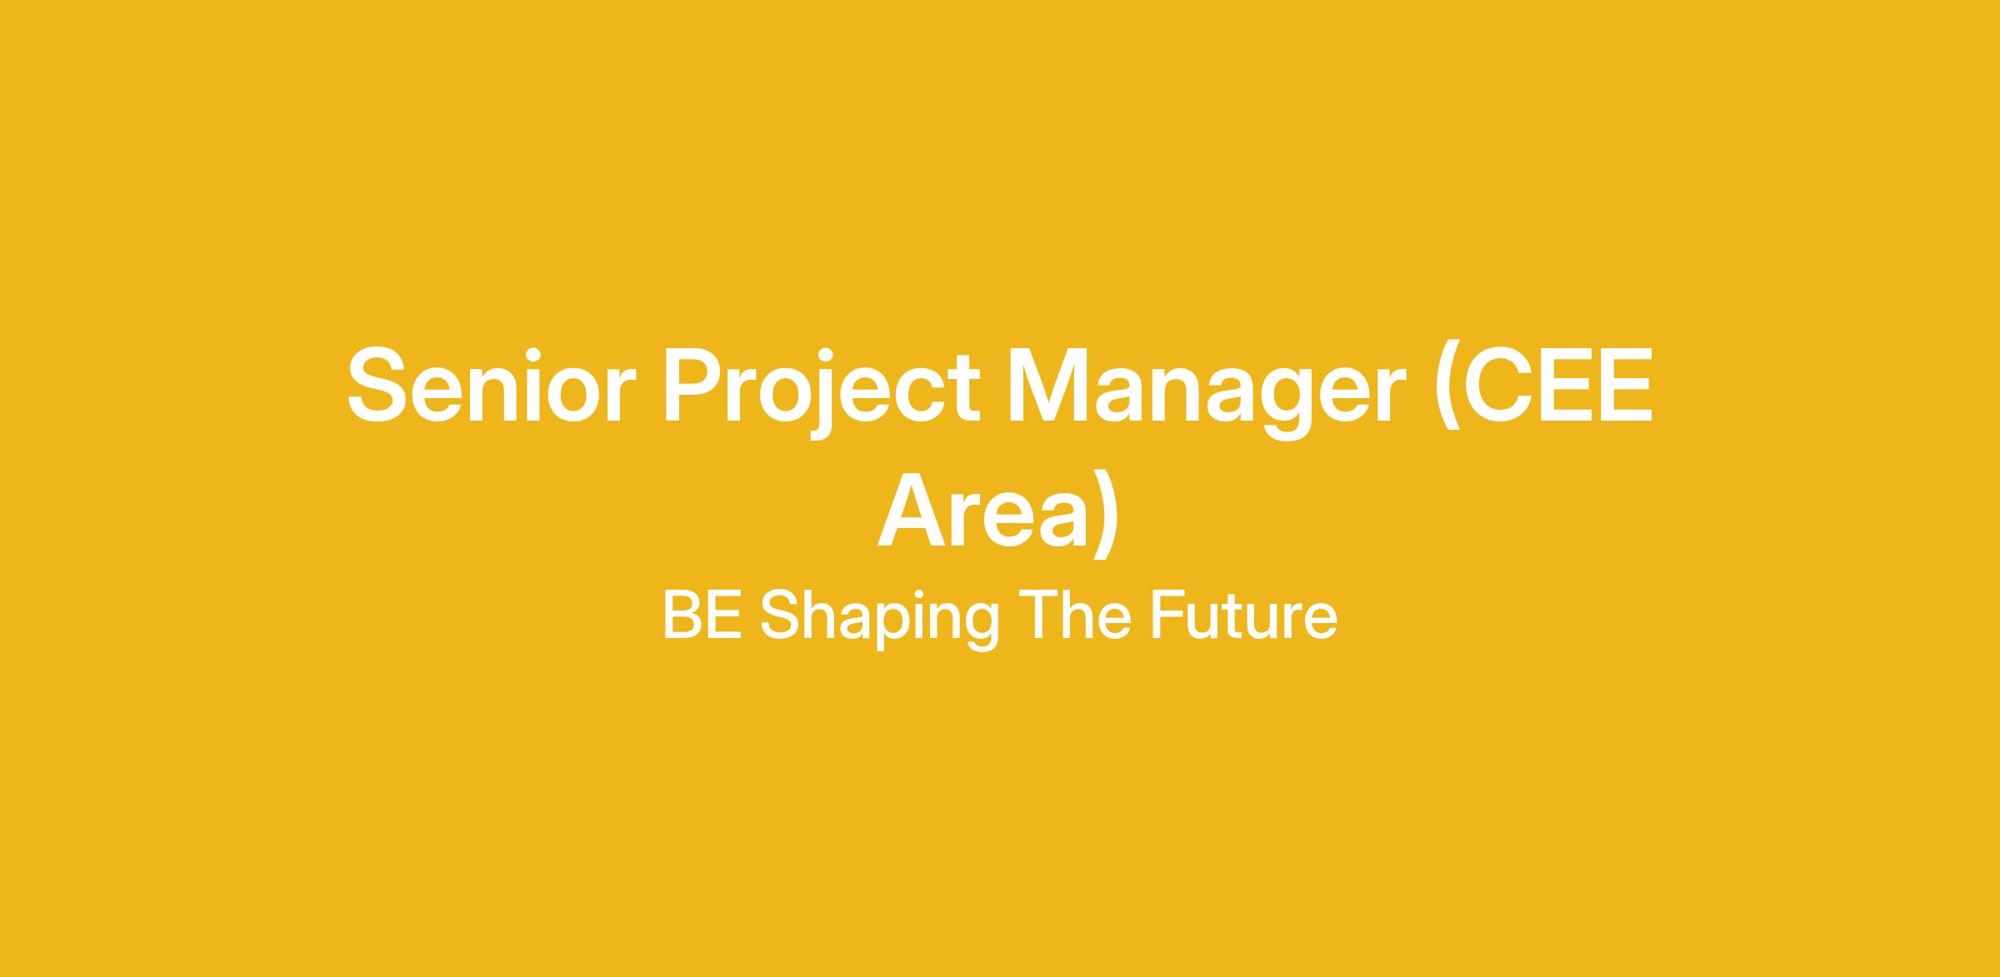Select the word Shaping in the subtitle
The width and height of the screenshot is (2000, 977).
[x=879, y=620]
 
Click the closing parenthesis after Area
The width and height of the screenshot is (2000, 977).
[x=1107, y=514]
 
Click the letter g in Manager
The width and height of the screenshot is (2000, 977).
[x=1287, y=405]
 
